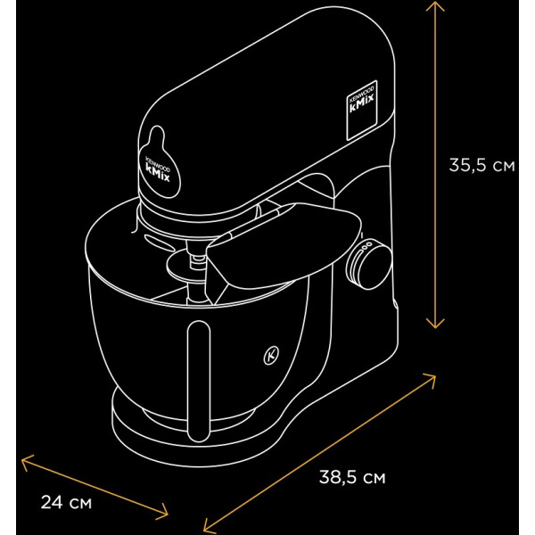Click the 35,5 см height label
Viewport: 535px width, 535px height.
click(x=481, y=165)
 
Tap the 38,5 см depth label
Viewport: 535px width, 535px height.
click(x=352, y=477)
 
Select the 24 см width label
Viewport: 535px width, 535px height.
click(x=66, y=502)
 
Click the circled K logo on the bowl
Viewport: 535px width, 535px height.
click(x=271, y=355)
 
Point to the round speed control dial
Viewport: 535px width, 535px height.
click(x=368, y=264)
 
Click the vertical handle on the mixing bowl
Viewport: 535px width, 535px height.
click(x=199, y=382)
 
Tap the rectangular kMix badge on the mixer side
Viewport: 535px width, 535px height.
click(x=362, y=111)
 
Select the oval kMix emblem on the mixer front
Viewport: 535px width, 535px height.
click(x=159, y=164)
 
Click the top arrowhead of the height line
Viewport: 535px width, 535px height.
click(x=435, y=4)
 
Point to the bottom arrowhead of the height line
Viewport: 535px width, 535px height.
click(x=435, y=325)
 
